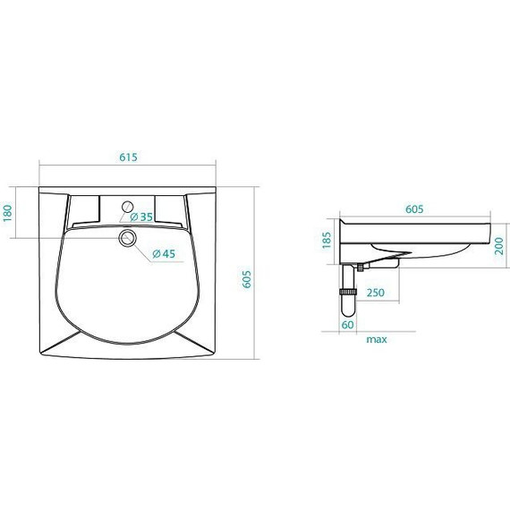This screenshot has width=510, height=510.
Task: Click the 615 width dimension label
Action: pyautogui.click(x=129, y=157)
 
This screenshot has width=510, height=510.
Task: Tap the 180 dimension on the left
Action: pyautogui.click(x=7, y=213)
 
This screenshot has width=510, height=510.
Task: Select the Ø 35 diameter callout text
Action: pyautogui.click(x=141, y=217)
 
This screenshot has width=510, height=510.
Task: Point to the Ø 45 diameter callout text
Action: pyautogui.click(x=164, y=254)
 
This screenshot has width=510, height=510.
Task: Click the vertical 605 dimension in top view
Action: pyautogui.click(x=247, y=279)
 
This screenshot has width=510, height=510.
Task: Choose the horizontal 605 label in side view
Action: pyautogui.click(x=414, y=209)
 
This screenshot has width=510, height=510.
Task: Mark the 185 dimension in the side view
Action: pyautogui.click(x=327, y=240)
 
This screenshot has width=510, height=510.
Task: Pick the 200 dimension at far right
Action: pyautogui.click(x=498, y=246)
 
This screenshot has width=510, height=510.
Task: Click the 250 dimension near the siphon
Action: pyautogui.click(x=376, y=293)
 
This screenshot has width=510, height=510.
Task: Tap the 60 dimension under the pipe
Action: pyautogui.click(x=347, y=325)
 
